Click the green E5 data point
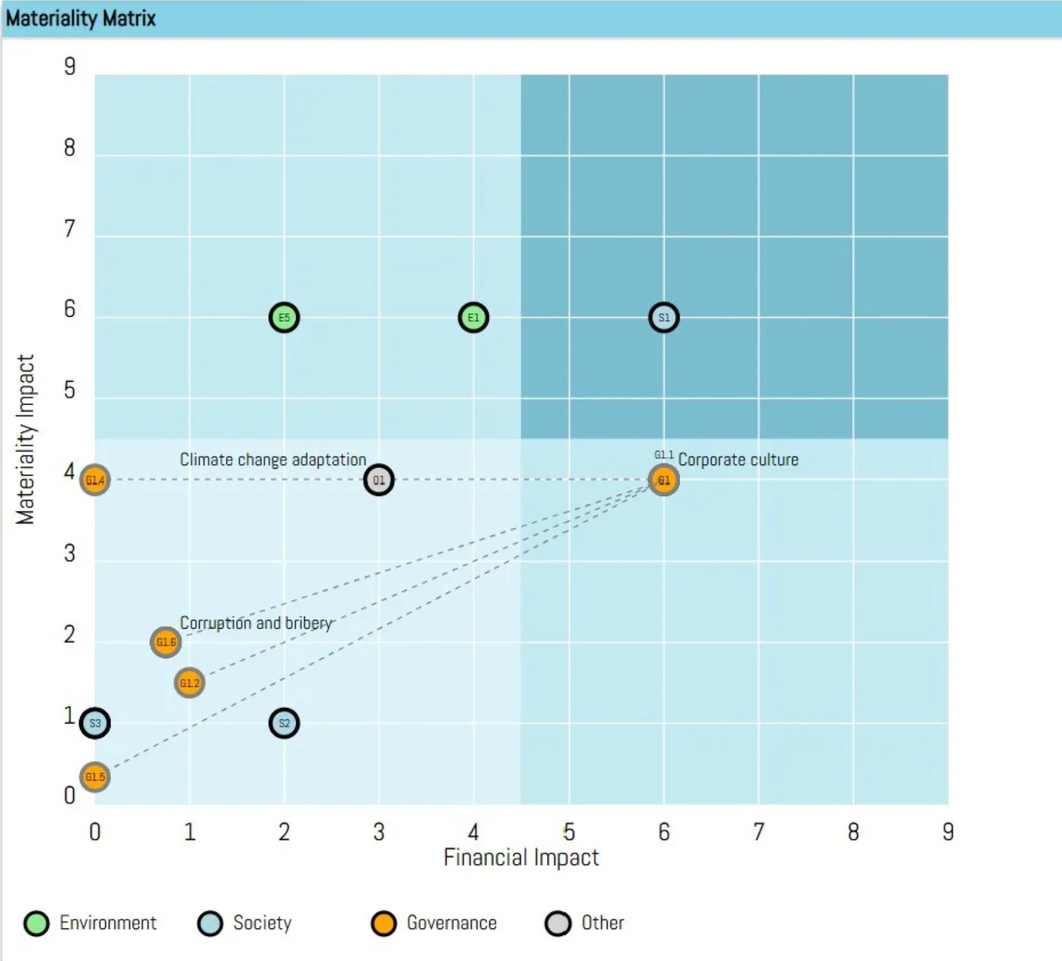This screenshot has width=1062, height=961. coord(284,318)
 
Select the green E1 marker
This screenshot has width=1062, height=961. coord(473,318)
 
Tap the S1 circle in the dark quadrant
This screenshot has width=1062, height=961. coord(663,318)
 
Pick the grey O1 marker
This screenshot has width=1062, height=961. coord(379,480)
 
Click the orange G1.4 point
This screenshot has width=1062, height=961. coord(95,480)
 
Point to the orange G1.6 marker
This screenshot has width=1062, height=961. coord(166,642)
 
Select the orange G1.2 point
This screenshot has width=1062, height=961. coord(189,683)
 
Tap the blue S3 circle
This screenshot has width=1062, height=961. coord(95,724)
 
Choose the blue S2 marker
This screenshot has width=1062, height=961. coord(284,724)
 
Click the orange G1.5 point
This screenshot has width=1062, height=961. coord(95,777)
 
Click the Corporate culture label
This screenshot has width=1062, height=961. coord(738,460)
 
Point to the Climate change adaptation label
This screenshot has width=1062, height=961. coord(272,460)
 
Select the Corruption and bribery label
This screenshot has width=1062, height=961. coord(255,623)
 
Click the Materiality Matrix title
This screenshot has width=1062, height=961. coord(81,19)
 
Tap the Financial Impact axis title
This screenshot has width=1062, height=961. coord(521,857)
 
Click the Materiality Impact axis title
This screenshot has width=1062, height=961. coord(25,439)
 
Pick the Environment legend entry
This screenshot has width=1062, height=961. coord(90,923)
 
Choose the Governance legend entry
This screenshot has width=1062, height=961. coord(434,923)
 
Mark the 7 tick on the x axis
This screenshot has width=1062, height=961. coord(758,832)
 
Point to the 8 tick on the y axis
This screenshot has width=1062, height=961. coord(70,148)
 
